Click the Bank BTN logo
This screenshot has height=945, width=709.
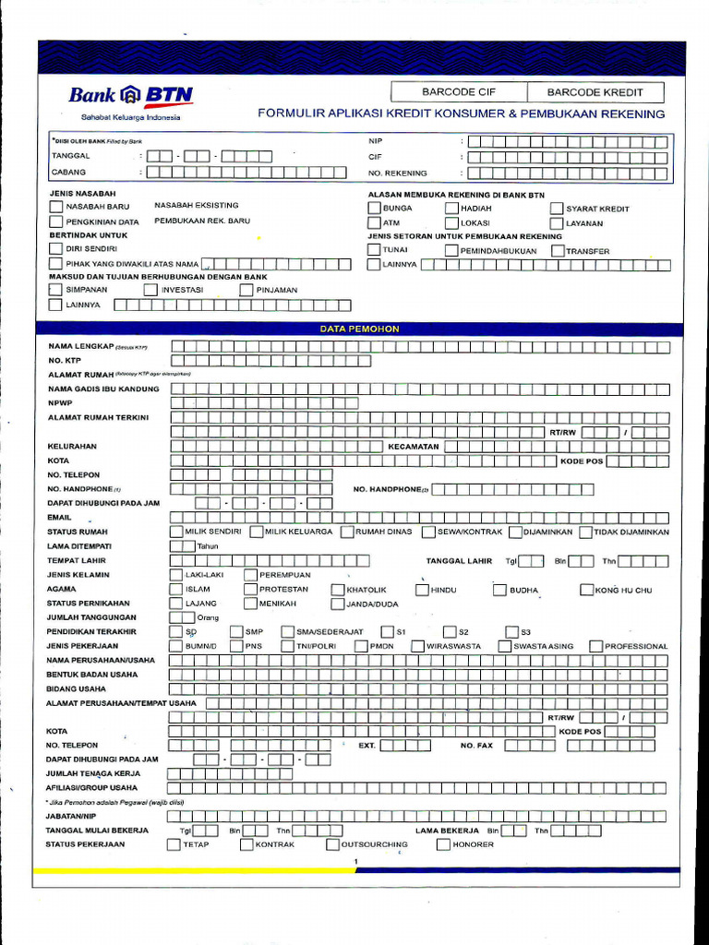pyautogui.click(x=130, y=96)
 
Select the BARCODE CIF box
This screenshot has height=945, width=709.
pyautogui.click(x=459, y=92)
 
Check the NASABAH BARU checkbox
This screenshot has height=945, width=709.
pyautogui.click(x=55, y=208)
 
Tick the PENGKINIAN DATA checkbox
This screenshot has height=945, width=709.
pyautogui.click(x=55, y=222)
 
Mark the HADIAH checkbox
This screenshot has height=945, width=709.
pyautogui.click(x=451, y=209)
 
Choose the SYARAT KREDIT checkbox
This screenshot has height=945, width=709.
pyautogui.click(x=557, y=209)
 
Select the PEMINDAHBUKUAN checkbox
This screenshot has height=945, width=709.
pyautogui.click(x=451, y=250)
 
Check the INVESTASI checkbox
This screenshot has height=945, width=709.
pyautogui.click(x=150, y=290)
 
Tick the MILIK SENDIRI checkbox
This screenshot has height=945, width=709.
pyautogui.click(x=176, y=532)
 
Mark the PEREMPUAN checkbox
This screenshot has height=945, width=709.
pyautogui.click(x=250, y=575)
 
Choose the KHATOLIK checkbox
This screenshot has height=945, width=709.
pyautogui.click(x=337, y=590)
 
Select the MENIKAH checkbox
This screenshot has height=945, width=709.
pyautogui.click(x=250, y=604)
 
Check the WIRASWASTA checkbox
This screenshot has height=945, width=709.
pyautogui.click(x=418, y=646)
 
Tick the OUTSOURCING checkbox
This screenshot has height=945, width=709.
pyautogui.click(x=332, y=844)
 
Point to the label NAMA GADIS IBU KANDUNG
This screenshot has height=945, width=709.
pyautogui.click(x=103, y=389)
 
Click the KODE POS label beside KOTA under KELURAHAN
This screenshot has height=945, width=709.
pyautogui.click(x=580, y=461)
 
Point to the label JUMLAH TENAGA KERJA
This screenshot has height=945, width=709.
pyautogui.click(x=92, y=773)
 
